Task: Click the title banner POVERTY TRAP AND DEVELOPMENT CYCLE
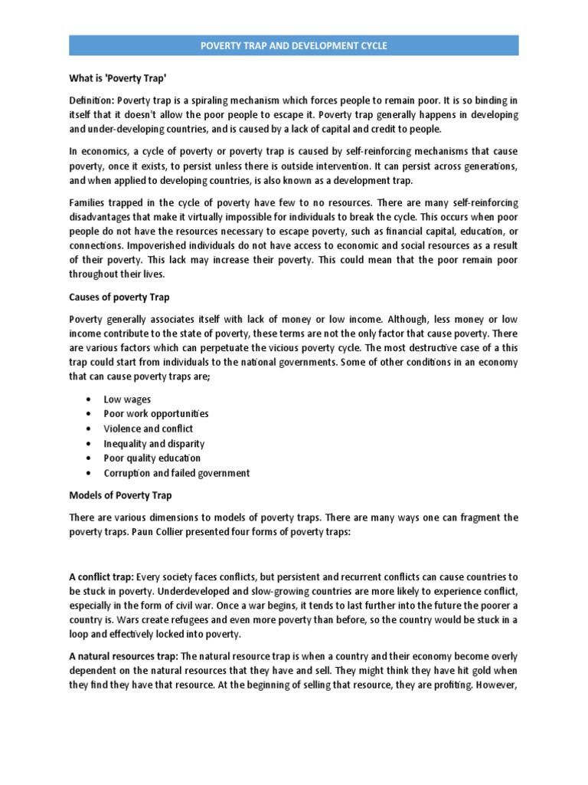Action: pyautogui.click(x=294, y=46)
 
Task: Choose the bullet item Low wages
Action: pyautogui.click(x=127, y=399)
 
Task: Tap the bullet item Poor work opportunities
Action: pyautogui.click(x=156, y=414)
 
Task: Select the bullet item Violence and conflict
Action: pyautogui.click(x=148, y=429)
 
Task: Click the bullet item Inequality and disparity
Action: pyautogui.click(x=154, y=444)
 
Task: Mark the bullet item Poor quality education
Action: pyautogui.click(x=152, y=458)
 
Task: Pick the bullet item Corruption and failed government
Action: pyautogui.click(x=177, y=473)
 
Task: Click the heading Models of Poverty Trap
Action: pyautogui.click(x=120, y=495)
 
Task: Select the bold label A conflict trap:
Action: pyautogui.click(x=102, y=576)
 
